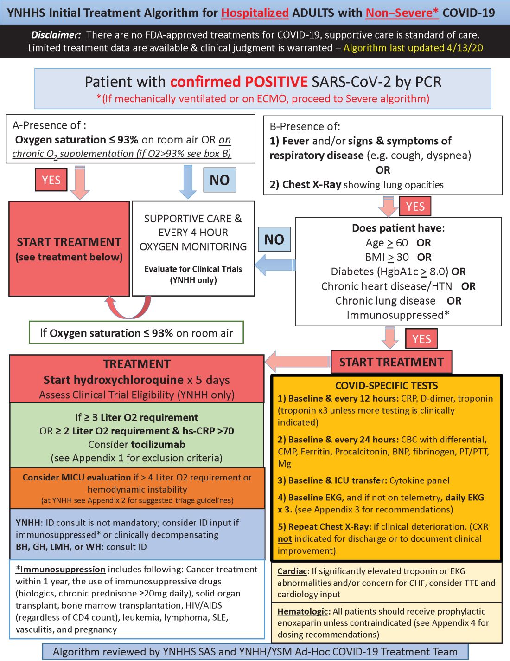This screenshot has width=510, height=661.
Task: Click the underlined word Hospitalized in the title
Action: pos(255,13)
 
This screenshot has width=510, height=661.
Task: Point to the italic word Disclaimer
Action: pos(56,35)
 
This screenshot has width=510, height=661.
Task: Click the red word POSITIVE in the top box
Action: pos(276,82)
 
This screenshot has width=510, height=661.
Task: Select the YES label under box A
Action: pos(51,180)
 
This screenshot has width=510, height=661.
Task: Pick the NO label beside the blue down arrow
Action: pos(219,180)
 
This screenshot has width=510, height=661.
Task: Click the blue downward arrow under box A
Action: pos(188,181)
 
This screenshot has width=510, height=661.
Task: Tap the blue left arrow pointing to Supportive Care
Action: pos(274,265)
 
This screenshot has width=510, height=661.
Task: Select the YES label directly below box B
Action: pos(415,207)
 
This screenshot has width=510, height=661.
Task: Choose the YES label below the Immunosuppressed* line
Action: pos(421,339)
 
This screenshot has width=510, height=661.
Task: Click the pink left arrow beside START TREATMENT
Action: pos(298,362)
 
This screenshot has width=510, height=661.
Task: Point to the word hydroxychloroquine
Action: pos(114,380)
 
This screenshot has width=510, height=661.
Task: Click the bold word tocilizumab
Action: pos(158,445)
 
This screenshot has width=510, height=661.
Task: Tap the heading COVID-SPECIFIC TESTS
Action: pos(386,386)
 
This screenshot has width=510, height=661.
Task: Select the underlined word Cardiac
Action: pos(293,571)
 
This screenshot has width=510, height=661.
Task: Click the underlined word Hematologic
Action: pos(304,612)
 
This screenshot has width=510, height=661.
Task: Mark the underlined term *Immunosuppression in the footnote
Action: pos(61,570)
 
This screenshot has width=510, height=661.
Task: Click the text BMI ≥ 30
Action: pos(387,257)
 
